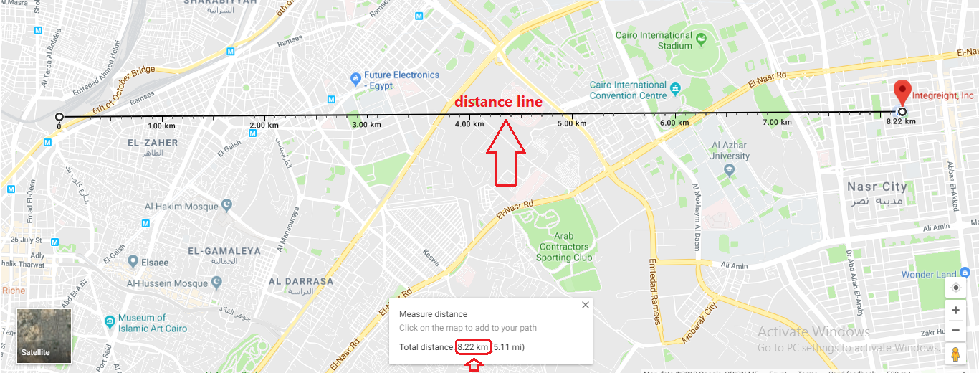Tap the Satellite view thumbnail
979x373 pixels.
(x=44, y=336)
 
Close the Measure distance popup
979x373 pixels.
(x=586, y=305)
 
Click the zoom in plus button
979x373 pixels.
(x=955, y=311)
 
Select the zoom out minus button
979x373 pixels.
(x=955, y=331)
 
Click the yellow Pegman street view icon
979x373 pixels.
(x=955, y=353)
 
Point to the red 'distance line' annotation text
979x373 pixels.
(x=498, y=103)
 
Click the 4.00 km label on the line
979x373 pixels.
(x=469, y=124)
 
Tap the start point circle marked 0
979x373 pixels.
(x=59, y=117)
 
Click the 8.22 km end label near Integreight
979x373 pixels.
(x=901, y=122)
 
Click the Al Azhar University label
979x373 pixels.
(x=729, y=151)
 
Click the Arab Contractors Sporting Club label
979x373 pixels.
(x=564, y=247)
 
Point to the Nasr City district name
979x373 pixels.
(x=877, y=186)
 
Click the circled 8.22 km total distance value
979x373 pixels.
(x=473, y=347)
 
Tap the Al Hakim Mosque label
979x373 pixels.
(x=181, y=207)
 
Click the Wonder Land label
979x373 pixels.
(x=929, y=275)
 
